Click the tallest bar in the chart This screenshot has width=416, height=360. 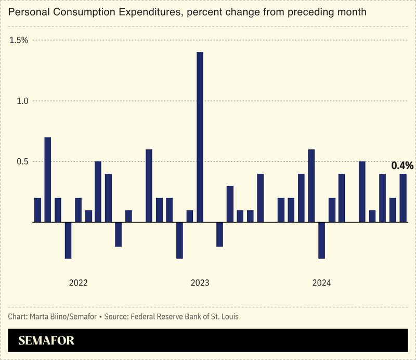[x=200, y=137]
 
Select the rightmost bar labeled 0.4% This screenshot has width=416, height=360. [x=403, y=198]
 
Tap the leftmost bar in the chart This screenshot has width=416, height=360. [x=37, y=210]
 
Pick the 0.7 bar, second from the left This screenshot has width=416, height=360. [x=48, y=179]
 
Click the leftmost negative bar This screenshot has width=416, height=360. [x=68, y=240]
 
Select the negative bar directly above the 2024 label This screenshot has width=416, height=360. [x=322, y=240]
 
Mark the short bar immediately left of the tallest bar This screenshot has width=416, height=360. [x=190, y=216]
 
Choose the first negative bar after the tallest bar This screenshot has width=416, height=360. [x=220, y=234]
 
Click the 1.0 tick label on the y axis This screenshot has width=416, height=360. [x=22, y=101]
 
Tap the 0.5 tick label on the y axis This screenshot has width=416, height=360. [x=22, y=162]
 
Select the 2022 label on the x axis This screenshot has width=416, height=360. [x=79, y=283]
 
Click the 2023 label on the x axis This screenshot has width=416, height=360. [x=200, y=283]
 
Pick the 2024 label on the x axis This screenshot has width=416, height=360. [x=322, y=283]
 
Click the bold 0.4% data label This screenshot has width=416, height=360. [x=402, y=166]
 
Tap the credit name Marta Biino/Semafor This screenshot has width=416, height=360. [x=63, y=316]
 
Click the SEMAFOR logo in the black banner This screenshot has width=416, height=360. [x=47, y=341]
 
